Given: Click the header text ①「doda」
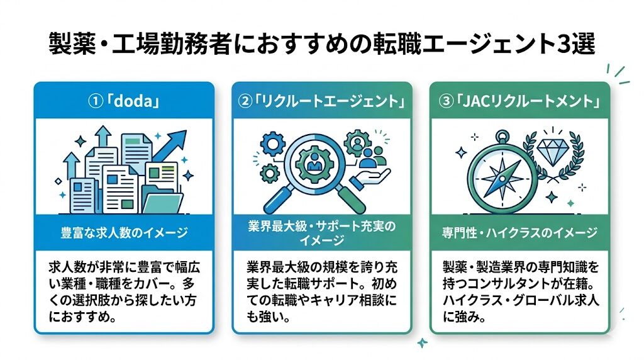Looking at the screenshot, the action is coord(124,101).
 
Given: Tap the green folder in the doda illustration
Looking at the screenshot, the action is coord(163,203).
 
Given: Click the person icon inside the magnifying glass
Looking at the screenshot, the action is coord(315,164).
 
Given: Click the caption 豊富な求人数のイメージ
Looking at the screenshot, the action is coord(124,233).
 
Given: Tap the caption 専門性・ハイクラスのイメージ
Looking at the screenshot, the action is coord(519,233).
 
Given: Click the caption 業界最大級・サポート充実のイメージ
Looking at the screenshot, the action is coord(322,233).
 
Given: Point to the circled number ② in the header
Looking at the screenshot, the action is coord(245,101).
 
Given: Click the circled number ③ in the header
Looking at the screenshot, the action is coord(447,101).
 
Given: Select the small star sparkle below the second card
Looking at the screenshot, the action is coord(422,342).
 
